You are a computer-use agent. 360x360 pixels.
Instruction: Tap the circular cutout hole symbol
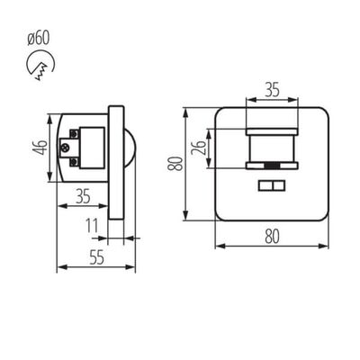(x=39, y=65)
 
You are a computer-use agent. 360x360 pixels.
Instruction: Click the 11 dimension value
(x=94, y=226)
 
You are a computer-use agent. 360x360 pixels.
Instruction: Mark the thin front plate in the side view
(x=115, y=163)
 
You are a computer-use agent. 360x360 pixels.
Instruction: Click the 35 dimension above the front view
(x=271, y=90)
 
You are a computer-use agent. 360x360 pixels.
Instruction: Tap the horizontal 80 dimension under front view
(x=272, y=237)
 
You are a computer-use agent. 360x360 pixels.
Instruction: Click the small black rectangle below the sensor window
(x=272, y=167)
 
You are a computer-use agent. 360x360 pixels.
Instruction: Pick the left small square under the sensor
(x=264, y=185)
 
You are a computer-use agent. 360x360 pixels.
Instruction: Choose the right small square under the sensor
(x=279, y=185)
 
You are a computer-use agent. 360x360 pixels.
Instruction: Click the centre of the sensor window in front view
(x=272, y=148)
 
